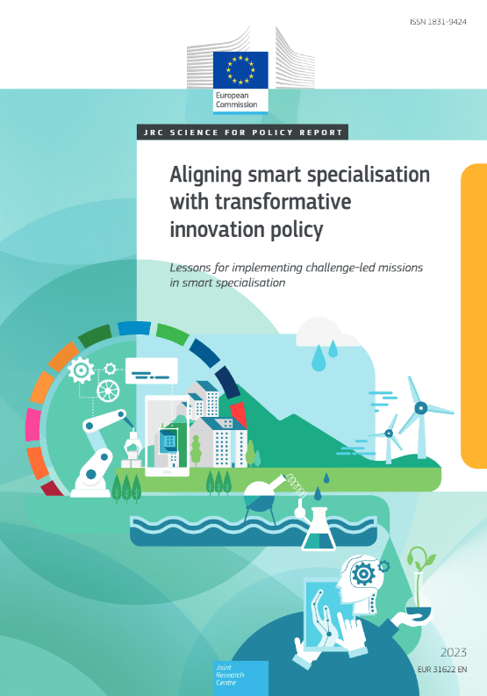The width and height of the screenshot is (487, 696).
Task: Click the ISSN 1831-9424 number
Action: [x=438, y=22]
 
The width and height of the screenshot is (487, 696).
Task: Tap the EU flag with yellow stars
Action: [x=240, y=69]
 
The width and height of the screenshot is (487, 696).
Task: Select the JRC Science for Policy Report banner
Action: [x=242, y=133]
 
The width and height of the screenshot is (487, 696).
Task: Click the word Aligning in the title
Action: [x=206, y=176]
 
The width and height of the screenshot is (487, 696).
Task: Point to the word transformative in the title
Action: [x=283, y=202]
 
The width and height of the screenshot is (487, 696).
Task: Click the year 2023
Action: [x=454, y=652]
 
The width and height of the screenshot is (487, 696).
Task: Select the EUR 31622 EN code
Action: [x=442, y=670]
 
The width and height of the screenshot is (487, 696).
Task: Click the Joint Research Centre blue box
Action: [x=240, y=678]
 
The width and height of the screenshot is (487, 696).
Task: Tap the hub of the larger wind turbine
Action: [x=421, y=407]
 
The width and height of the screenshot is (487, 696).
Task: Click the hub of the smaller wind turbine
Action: [x=389, y=434]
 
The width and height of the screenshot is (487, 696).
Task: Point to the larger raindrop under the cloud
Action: [x=319, y=359]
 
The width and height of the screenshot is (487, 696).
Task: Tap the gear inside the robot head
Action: [x=363, y=574]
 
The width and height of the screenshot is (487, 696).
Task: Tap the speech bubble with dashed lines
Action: [x=152, y=370]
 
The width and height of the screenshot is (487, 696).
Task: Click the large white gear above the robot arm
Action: [x=82, y=370]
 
